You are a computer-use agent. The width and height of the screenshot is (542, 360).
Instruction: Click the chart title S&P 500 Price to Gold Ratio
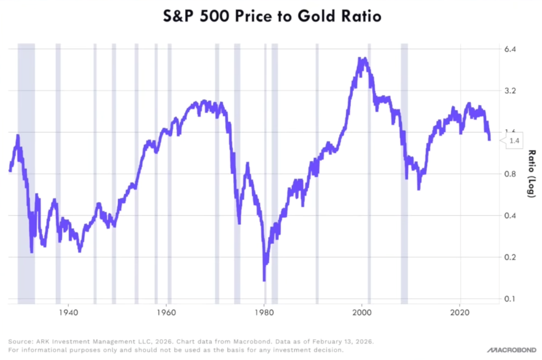click(x=270, y=16)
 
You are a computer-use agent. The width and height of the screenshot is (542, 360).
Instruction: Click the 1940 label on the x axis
click(x=68, y=311)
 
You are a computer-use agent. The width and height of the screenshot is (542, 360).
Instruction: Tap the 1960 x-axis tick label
click(x=166, y=311)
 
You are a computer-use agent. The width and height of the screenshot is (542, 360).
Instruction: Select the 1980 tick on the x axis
click(x=264, y=311)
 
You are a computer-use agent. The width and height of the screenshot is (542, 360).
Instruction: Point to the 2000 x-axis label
click(x=362, y=311)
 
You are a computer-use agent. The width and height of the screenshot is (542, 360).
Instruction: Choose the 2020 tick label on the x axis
click(x=460, y=311)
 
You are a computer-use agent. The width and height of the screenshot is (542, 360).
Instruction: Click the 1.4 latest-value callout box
click(x=514, y=141)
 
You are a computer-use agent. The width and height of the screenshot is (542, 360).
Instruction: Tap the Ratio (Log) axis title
click(x=531, y=173)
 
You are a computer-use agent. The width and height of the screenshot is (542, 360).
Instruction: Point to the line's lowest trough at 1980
click(x=264, y=279)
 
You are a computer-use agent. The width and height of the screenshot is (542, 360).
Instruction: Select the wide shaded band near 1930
click(x=26, y=169)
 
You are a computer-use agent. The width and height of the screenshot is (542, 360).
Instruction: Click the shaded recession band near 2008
click(x=404, y=169)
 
